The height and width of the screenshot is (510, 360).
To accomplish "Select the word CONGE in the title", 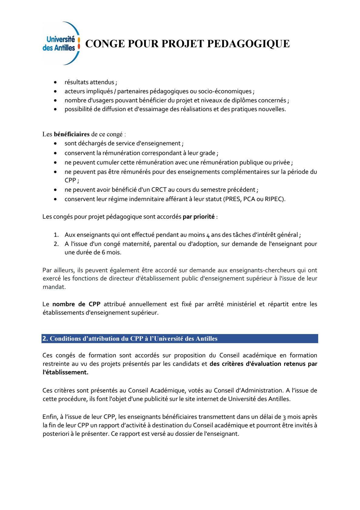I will (104, 44).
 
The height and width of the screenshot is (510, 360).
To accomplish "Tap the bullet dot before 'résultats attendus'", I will (55, 82).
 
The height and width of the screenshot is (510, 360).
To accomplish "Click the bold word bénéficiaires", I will (72, 134).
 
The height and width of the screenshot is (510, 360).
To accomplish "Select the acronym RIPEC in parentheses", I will (275, 199).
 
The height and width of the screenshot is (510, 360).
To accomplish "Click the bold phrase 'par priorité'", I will (198, 217).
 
